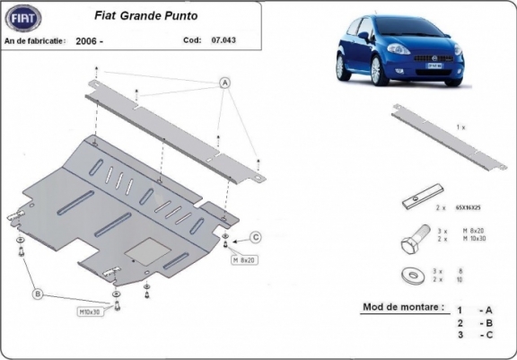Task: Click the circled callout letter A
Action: (x=223, y=83)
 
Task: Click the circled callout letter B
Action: (x=38, y=294)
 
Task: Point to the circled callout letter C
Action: (x=255, y=237)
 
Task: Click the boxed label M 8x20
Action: (x=244, y=260)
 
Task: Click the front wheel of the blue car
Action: (x=381, y=71)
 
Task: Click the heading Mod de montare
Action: (x=403, y=307)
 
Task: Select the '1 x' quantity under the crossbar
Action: (x=460, y=128)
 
